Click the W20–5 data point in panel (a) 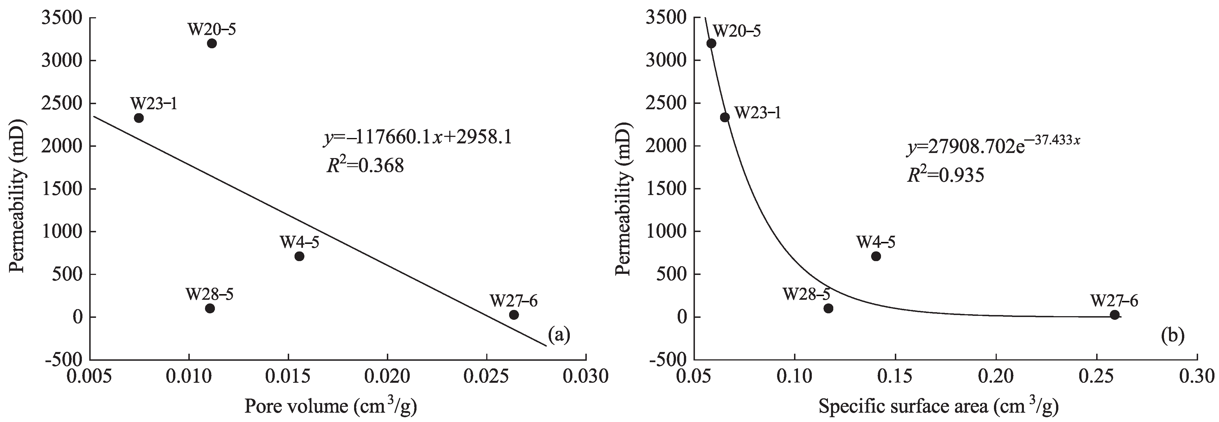pos(211,43)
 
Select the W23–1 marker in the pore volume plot pos(139,118)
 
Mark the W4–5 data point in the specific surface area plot pos(876,256)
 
